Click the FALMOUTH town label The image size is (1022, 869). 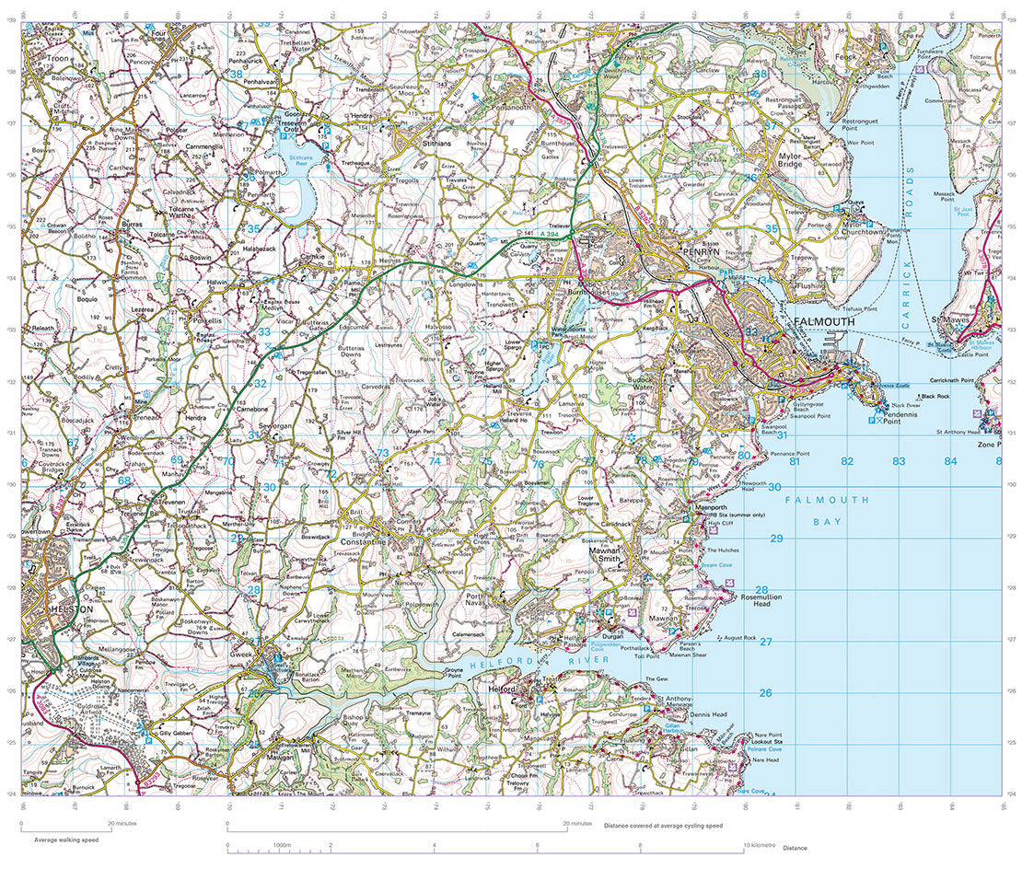(x=823, y=321)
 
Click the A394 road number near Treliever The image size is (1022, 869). (x=550, y=238)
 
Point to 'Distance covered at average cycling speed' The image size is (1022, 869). (x=663, y=826)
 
